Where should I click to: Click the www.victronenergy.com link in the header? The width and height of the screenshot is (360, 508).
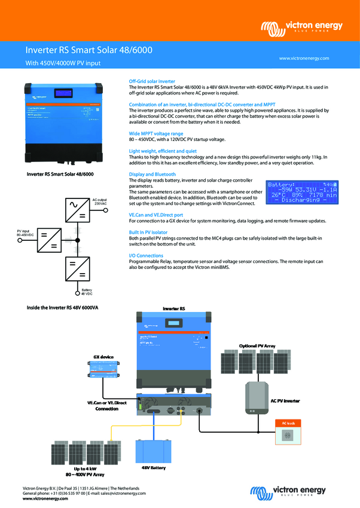coord(304,58)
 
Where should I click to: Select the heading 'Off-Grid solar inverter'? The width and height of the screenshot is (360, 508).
coord(152,81)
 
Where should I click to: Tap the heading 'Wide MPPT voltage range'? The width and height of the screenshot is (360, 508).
coord(156,133)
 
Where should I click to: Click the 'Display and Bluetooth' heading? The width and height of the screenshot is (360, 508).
coord(152,174)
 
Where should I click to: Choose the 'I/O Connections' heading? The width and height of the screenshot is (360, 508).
coord(147,255)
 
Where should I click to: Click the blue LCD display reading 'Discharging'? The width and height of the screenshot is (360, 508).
coord(303,192)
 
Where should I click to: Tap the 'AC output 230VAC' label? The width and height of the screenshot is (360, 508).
coord(99,201)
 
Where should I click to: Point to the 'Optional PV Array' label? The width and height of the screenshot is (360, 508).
coord(257,346)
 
